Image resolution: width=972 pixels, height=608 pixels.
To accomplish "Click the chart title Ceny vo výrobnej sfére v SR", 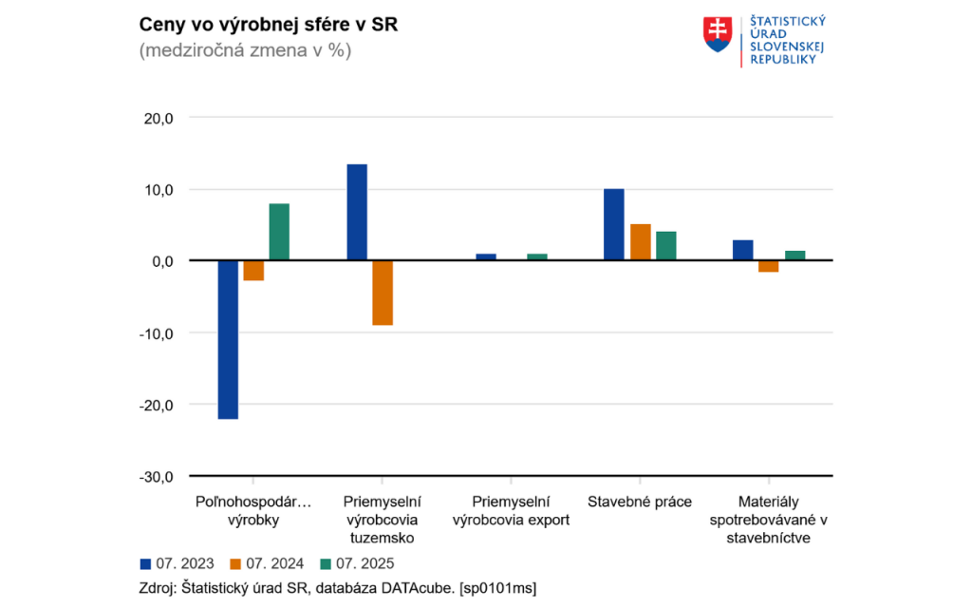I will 269,26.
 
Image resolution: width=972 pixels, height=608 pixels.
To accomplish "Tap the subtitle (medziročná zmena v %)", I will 245,51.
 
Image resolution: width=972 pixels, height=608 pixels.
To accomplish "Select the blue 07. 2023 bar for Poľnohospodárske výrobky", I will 228,339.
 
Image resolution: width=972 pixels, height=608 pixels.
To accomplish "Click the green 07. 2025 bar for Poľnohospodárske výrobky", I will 279,232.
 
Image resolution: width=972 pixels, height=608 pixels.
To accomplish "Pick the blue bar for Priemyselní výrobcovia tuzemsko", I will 357,212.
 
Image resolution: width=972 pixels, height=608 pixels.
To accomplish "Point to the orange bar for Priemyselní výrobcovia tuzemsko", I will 383,293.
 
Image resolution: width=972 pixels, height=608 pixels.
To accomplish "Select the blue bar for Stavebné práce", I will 614,224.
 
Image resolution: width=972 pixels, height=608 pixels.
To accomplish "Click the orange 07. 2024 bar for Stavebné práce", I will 641,242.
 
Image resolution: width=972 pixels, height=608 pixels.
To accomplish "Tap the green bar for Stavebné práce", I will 666,246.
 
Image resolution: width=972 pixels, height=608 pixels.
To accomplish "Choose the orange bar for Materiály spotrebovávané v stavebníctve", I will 769,266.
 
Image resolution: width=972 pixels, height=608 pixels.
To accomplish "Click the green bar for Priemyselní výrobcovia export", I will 537,256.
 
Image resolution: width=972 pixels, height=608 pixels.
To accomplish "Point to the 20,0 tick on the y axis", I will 158,118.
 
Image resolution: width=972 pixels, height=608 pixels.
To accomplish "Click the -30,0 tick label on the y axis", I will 156,476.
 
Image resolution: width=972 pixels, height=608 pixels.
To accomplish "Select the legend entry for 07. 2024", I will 268,562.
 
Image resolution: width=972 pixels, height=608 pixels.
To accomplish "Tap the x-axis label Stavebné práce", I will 640,502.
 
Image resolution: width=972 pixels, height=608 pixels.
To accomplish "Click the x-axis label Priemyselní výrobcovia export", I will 512,510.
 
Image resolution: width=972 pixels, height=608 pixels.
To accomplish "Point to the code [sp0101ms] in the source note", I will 498,588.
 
